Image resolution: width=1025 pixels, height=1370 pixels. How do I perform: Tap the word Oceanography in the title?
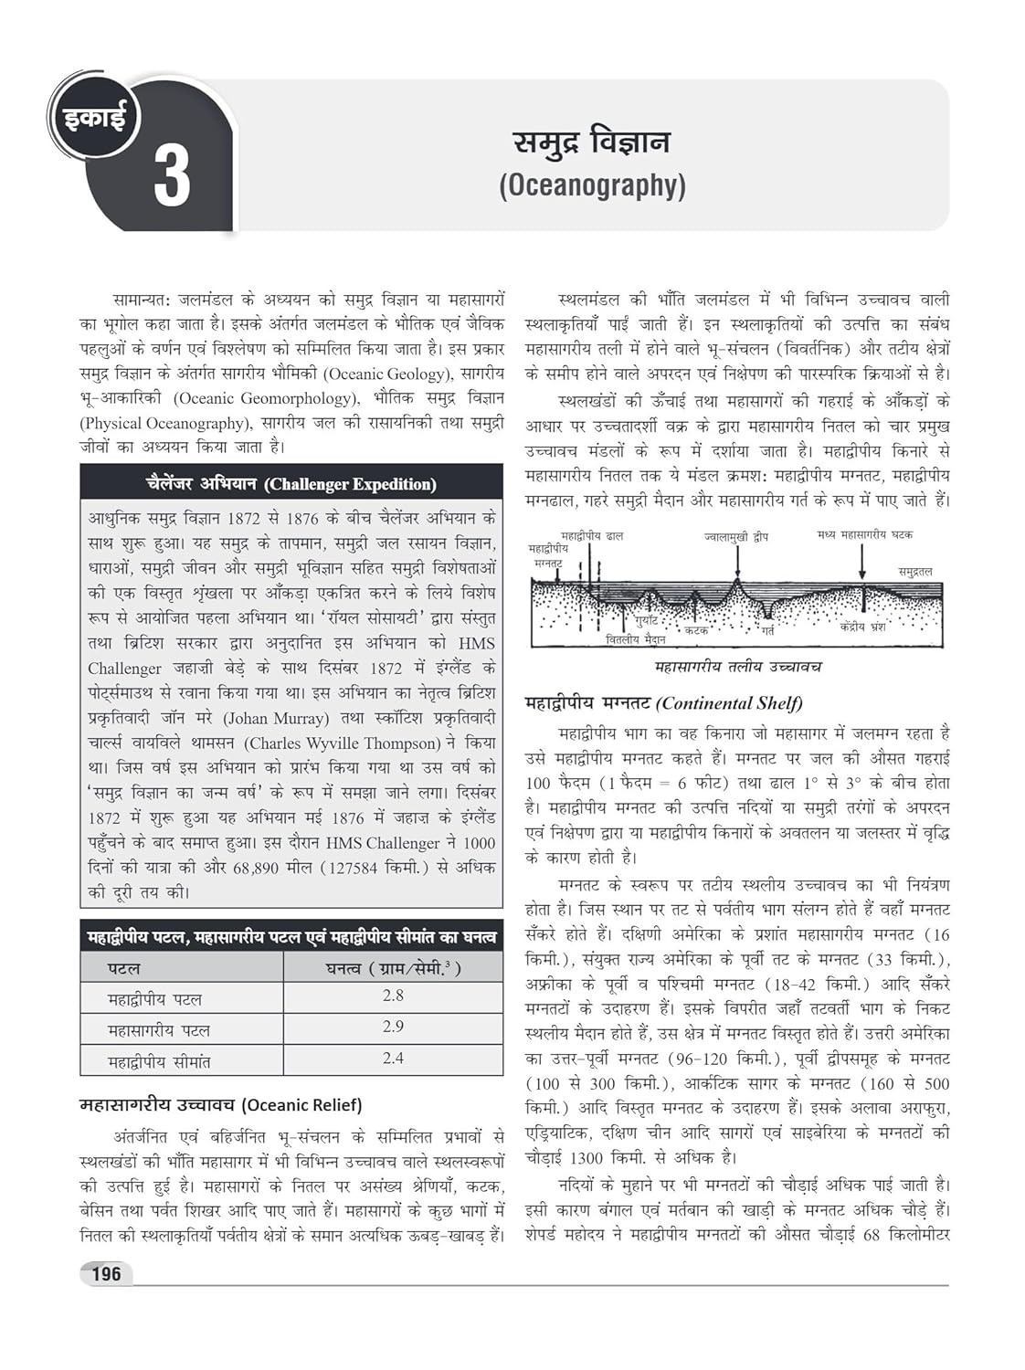pos(592,185)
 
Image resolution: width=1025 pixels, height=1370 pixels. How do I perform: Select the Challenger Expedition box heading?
pos(291,483)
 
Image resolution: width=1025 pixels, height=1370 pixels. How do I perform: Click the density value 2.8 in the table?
pos(393,996)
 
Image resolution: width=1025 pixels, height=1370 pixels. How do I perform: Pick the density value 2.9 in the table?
pos(393,1027)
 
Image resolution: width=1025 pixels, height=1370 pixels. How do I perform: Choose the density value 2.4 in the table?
pos(393,1058)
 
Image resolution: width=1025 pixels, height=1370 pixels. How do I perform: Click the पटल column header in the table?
pos(124,967)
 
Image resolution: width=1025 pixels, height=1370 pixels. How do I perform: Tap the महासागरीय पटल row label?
pos(159,1029)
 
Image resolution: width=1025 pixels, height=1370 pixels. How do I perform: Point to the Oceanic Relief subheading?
pos(221,1105)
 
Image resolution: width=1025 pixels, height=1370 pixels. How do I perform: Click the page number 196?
pos(106,1273)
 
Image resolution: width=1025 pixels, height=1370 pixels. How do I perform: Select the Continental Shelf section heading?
pos(664,702)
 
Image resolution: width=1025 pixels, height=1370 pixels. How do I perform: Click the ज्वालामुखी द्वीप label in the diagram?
pos(736,538)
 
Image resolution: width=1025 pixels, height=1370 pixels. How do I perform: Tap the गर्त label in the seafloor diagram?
pos(767,631)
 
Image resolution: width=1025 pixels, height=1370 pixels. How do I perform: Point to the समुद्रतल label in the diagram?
pos(914,571)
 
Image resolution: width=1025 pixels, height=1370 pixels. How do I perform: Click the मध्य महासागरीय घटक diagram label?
pos(864,534)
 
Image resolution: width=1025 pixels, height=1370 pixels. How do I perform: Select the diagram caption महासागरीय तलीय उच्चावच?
pos(738,667)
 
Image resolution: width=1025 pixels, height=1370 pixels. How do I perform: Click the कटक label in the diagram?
pos(696,630)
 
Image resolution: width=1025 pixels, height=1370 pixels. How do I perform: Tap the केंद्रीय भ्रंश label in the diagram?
pos(862,627)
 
